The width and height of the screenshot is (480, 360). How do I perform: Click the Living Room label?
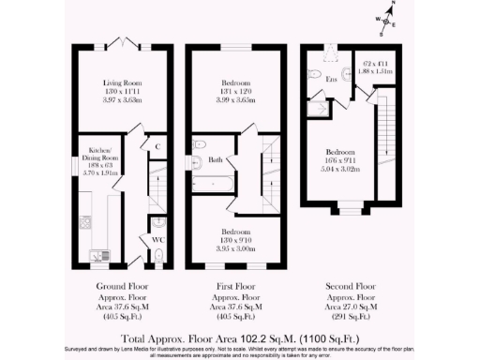(119, 82)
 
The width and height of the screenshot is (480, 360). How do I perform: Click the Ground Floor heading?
(119, 286)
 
